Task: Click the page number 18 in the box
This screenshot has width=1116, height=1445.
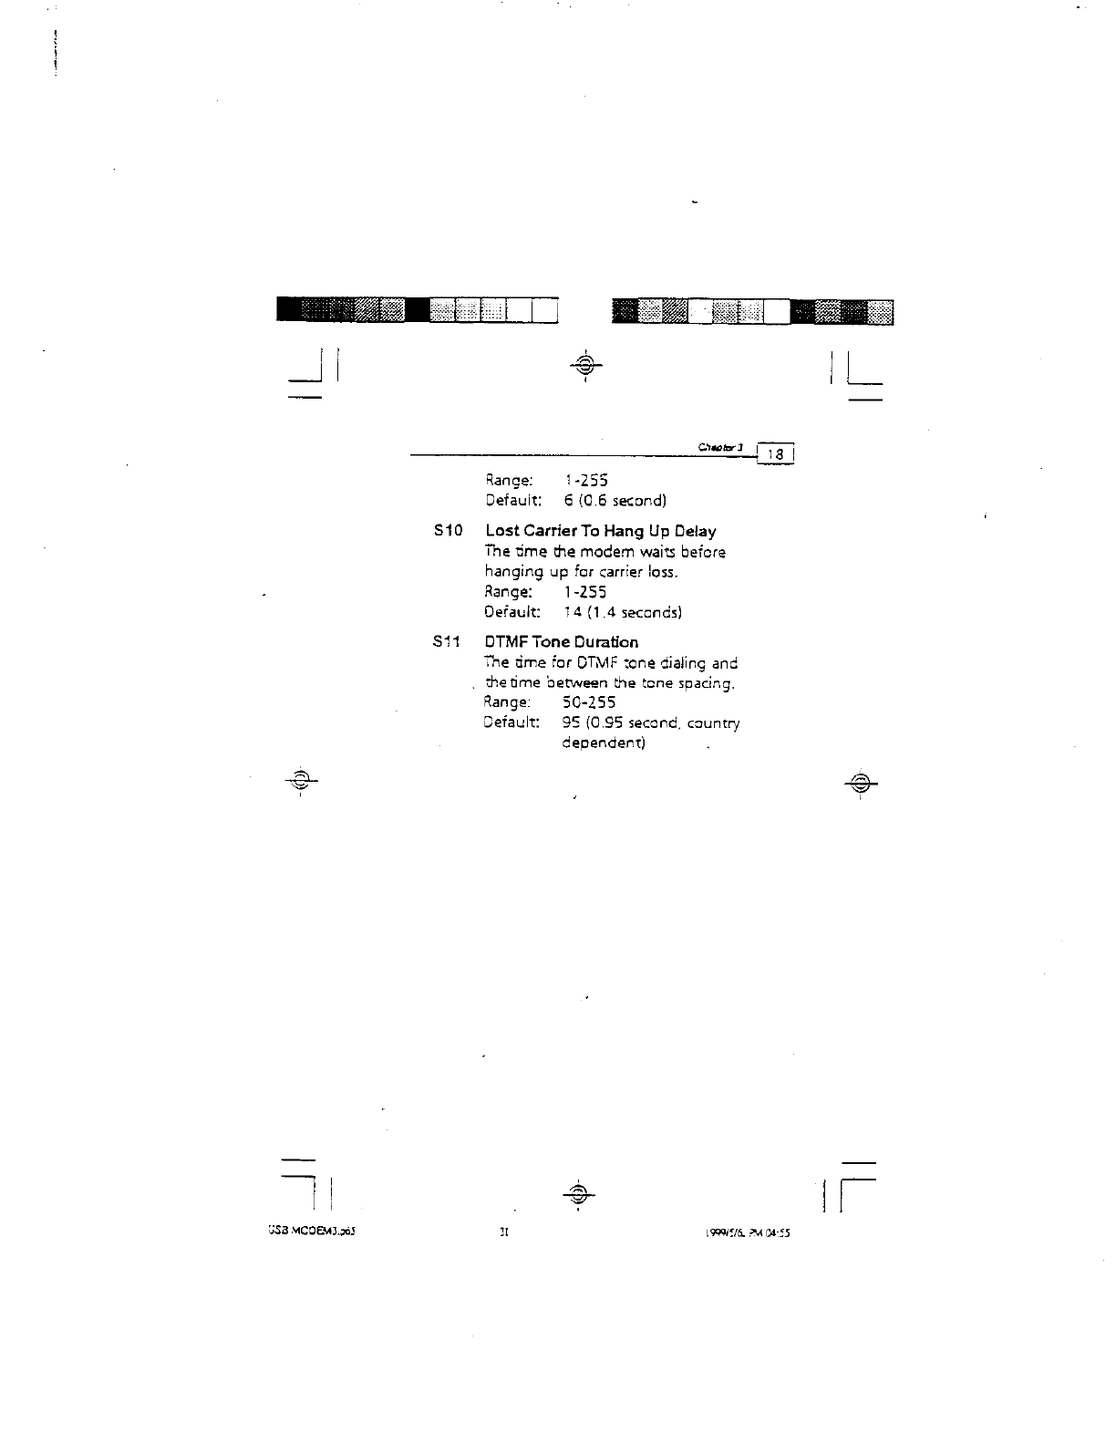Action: click(x=777, y=454)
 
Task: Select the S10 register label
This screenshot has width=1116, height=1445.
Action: click(x=449, y=531)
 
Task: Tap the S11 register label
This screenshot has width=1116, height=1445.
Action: click(x=448, y=642)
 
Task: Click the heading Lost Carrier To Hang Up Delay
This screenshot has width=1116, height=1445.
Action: click(x=601, y=531)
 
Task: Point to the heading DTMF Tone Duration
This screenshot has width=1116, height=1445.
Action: click(x=562, y=642)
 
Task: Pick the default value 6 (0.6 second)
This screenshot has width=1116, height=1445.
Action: click(x=615, y=501)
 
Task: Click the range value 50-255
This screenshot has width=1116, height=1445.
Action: click(x=590, y=702)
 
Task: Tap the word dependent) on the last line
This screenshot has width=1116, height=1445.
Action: click(x=604, y=743)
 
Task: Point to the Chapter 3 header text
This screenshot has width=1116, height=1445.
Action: click(x=721, y=447)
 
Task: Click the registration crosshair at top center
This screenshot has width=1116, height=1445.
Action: click(x=585, y=366)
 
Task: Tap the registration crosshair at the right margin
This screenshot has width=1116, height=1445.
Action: click(x=860, y=782)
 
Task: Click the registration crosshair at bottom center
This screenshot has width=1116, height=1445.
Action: click(x=578, y=1193)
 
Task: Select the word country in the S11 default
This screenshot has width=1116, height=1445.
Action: click(x=713, y=723)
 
